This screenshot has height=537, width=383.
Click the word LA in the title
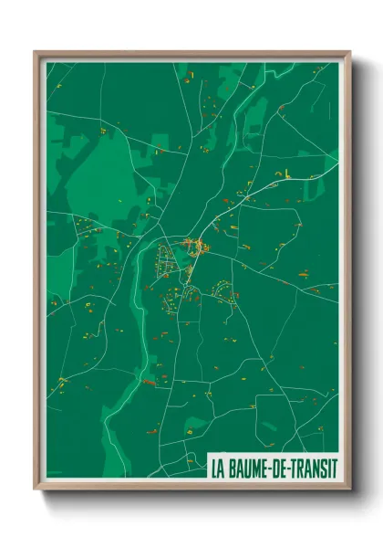218,468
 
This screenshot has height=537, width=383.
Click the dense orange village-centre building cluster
195,244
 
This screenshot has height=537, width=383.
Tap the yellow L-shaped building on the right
285,173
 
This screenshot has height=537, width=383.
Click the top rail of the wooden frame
191,54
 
